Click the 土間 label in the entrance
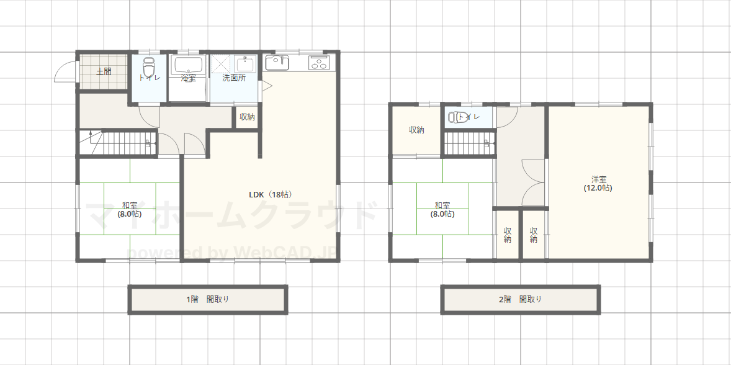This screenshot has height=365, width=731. (104, 72)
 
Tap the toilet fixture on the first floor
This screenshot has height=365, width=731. (148, 68)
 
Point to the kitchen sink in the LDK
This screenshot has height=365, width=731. (277, 63)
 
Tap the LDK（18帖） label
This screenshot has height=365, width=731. (271, 194)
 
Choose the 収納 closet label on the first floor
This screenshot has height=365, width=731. (247, 117)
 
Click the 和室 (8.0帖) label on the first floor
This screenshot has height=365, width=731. (129, 210)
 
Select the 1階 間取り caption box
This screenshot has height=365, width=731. (207, 299)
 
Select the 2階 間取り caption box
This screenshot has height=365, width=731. (520, 299)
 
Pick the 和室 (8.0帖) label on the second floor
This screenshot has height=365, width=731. (442, 210)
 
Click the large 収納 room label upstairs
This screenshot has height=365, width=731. (416, 130)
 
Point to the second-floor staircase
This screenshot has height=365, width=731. (469, 143)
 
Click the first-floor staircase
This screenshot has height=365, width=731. (117, 142)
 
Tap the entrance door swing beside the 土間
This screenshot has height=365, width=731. (65, 72)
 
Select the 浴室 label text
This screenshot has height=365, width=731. (189, 78)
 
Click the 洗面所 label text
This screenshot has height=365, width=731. (234, 78)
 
